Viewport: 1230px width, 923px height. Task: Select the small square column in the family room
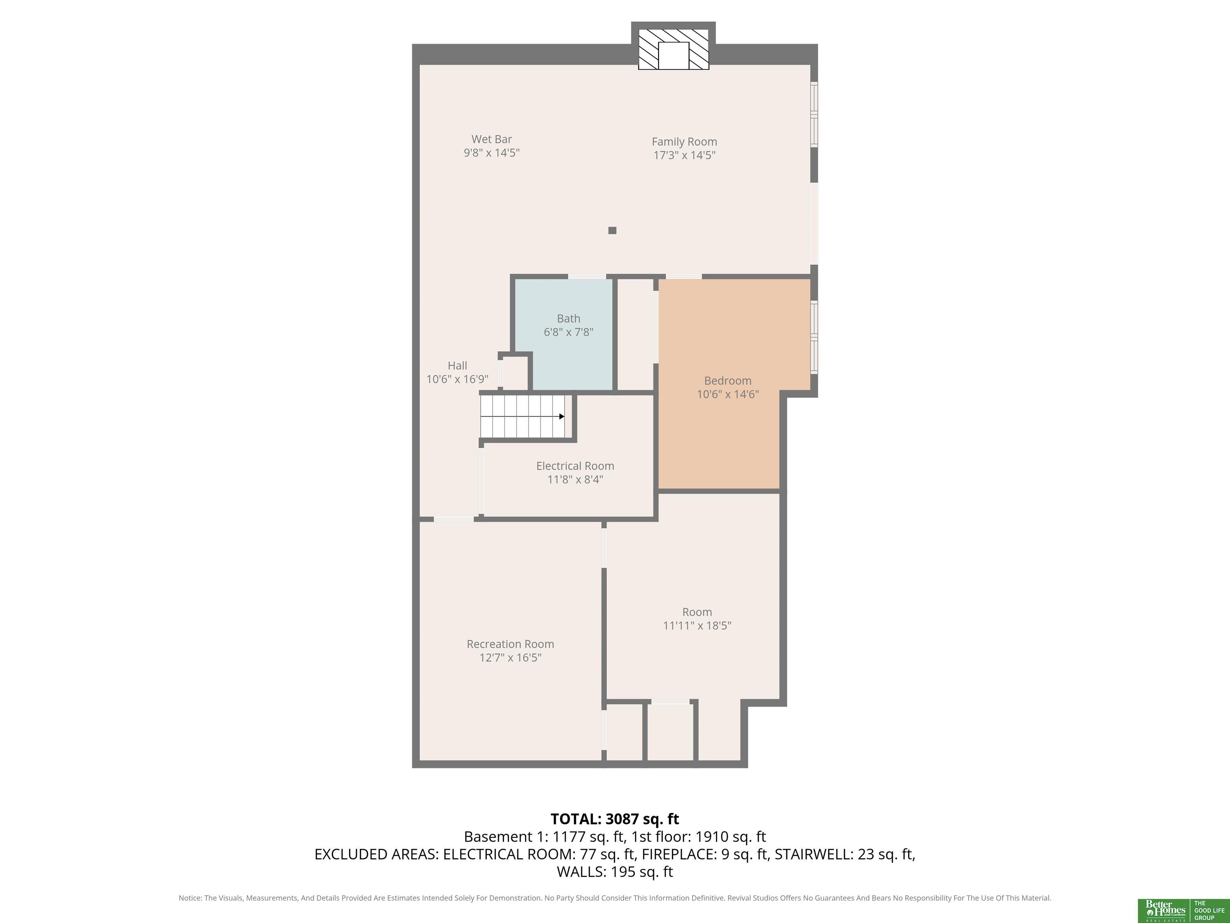[612, 230]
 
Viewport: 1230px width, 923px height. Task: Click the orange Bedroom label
[728, 381]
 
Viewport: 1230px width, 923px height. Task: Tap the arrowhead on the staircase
[562, 416]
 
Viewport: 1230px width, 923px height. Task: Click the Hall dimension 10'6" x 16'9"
[457, 379]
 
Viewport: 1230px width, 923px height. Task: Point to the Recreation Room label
[510, 644]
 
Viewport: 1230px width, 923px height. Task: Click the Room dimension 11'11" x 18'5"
[697, 625]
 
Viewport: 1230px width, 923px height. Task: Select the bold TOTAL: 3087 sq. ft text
[615, 819]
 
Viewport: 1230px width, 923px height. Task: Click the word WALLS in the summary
[581, 872]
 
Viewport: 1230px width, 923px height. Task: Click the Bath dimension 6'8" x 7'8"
[568, 332]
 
